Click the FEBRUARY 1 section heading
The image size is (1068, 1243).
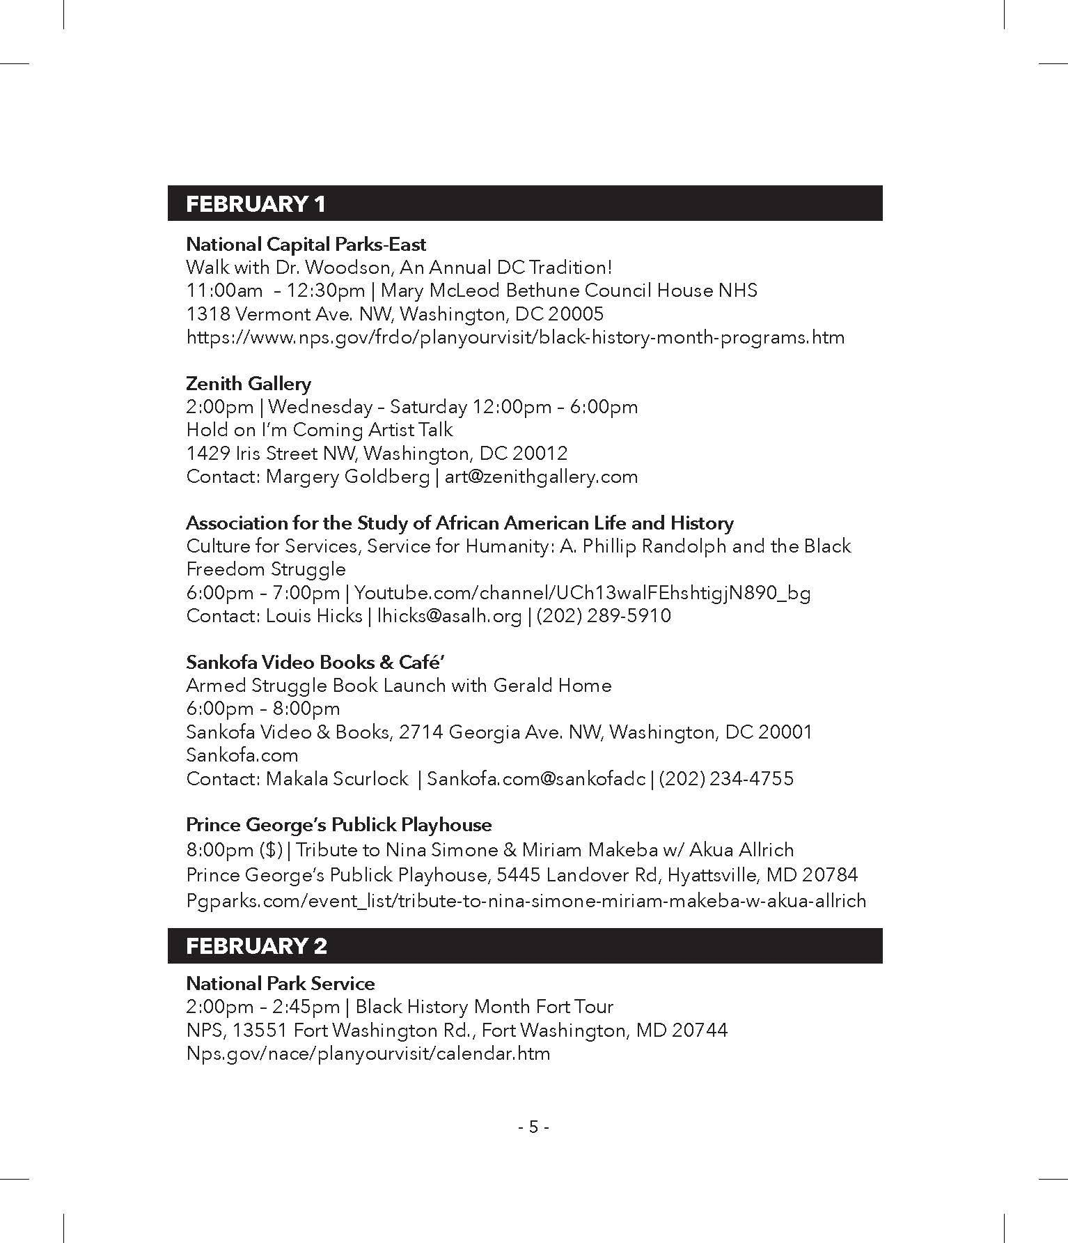click(256, 204)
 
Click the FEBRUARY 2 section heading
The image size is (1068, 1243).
click(256, 946)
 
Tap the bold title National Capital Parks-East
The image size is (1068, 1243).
click(306, 245)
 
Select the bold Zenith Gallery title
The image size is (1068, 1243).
click(249, 384)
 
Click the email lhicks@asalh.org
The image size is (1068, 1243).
click(449, 616)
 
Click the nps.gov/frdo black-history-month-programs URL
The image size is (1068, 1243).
click(515, 338)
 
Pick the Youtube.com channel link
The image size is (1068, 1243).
click(583, 593)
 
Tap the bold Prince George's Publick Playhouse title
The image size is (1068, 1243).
click(338, 825)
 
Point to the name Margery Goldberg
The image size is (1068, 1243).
click(347, 477)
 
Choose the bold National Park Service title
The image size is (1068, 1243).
click(280, 984)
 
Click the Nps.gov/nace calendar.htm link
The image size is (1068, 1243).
click(368, 1053)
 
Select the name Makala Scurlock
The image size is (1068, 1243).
click(337, 778)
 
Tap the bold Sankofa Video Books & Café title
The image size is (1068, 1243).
click(315, 663)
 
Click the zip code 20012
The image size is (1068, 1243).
click(540, 454)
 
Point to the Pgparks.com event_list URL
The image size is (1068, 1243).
click(526, 901)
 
